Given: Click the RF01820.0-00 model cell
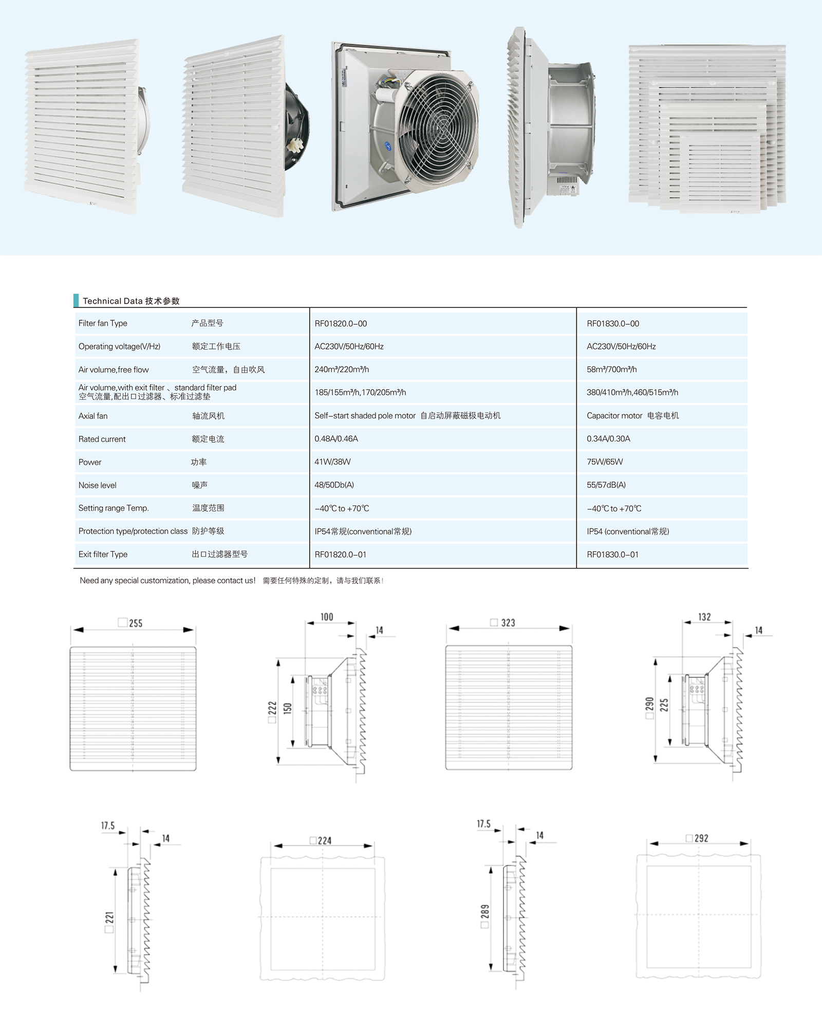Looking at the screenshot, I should pos(341,323).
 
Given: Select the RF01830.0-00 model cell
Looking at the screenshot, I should pos(613,323).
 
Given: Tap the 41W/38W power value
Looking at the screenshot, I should pos(332,462).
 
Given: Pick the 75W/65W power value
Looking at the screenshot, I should pos(605,462).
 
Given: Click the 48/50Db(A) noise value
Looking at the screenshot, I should pos(334,485).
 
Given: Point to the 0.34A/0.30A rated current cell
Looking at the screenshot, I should pos(608,438).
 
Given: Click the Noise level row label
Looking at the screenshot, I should pos(98,485).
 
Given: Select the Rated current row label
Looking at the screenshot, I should pos(102,439).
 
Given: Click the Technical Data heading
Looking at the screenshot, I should pos(131,301).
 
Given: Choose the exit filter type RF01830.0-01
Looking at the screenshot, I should pos(612,554).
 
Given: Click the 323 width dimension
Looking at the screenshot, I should pos(508,622).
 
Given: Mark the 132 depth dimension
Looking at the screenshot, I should pos(704,617).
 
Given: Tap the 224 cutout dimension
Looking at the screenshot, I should pos(324,840).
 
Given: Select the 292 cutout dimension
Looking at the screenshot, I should pos(701,838).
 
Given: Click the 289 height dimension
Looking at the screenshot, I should pos(485,911).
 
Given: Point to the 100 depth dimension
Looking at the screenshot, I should pos(327,617).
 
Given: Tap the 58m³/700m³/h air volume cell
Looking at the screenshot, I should pos(611,369).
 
